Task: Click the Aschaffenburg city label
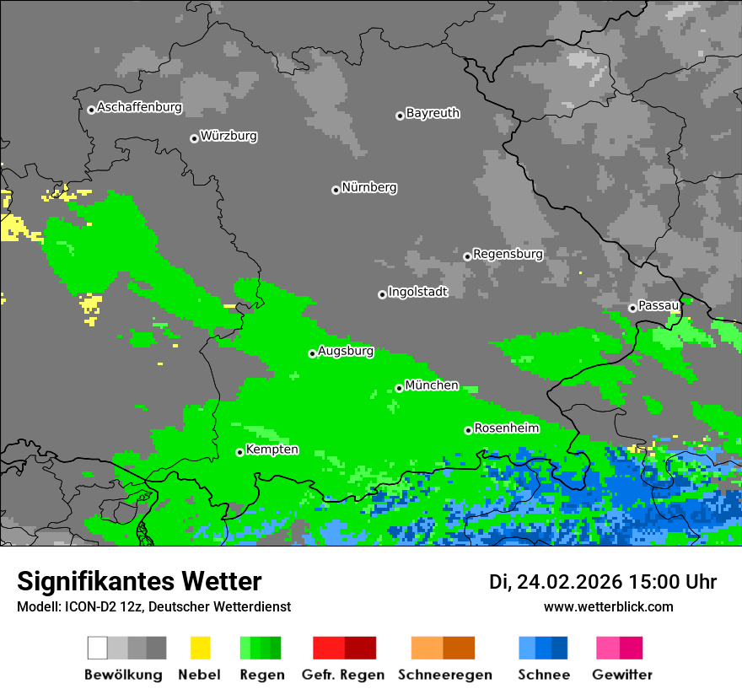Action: coord(139,108)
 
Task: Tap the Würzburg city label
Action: coord(229,136)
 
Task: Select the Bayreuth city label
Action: coord(433,113)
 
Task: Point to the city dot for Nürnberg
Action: coord(336,190)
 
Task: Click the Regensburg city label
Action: coord(508,254)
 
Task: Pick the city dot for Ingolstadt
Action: coord(382,294)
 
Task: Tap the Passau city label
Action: coord(659,305)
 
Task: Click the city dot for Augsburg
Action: coord(312,353)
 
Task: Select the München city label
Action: coord(432,385)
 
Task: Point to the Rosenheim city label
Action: coord(506,428)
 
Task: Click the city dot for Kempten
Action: coord(239,452)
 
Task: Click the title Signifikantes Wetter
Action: coord(139,582)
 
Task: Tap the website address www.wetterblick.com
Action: coord(608,607)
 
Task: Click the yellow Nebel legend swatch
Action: coord(200,648)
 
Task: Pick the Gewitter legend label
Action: coord(621,675)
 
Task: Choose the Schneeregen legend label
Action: coord(445,675)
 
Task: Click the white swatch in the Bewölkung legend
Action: coord(98,648)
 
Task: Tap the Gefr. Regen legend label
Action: coord(342,675)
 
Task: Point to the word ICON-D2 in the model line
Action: coord(87,607)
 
